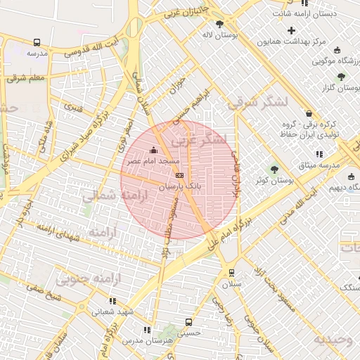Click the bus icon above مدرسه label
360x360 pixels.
(x=37, y=42)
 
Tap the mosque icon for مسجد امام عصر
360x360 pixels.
(x=154, y=150)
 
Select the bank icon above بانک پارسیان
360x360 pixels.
(x=180, y=176)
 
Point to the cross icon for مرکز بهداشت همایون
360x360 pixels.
(x=292, y=30)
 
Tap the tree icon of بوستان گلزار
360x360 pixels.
(x=341, y=77)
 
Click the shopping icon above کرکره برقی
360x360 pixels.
(x=309, y=113)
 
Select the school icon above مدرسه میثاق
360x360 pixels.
(x=319, y=153)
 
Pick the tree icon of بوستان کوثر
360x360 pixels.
(x=274, y=169)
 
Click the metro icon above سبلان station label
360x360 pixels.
(x=231, y=273)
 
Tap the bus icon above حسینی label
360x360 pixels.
(x=188, y=323)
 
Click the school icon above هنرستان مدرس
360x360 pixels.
(x=146, y=329)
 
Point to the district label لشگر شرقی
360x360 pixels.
(x=258, y=102)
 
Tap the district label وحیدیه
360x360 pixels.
(x=332, y=340)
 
